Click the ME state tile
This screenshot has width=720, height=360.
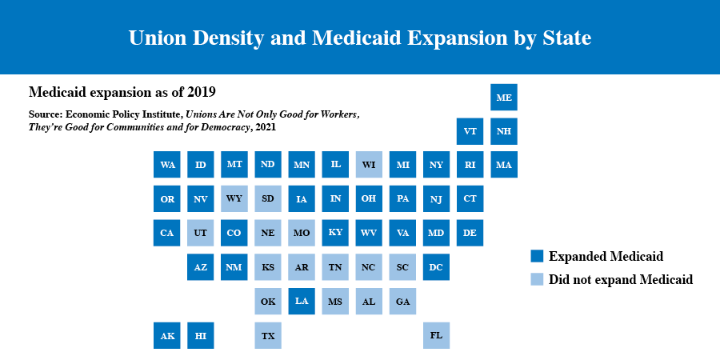tap(504, 97)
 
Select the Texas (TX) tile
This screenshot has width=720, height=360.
tap(268, 335)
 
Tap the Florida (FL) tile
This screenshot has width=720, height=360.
tap(436, 335)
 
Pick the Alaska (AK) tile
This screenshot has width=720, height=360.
tap(167, 335)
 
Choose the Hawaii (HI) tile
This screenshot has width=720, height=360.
tap(201, 335)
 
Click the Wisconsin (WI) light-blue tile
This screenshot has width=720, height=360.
tap(369, 165)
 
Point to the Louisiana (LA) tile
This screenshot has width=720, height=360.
tap(302, 301)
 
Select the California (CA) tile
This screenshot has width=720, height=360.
tap(167, 233)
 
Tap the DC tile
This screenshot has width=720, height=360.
tap(436, 267)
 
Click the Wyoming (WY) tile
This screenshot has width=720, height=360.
tap(234, 198)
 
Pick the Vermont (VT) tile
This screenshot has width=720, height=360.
tap(470, 130)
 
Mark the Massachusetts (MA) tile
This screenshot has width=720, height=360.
tap(504, 165)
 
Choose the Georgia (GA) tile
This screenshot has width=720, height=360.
tap(402, 301)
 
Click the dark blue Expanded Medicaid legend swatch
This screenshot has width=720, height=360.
tap(537, 256)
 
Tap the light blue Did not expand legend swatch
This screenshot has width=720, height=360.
tap(537, 279)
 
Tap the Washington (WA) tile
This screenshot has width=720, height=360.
tap(167, 165)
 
